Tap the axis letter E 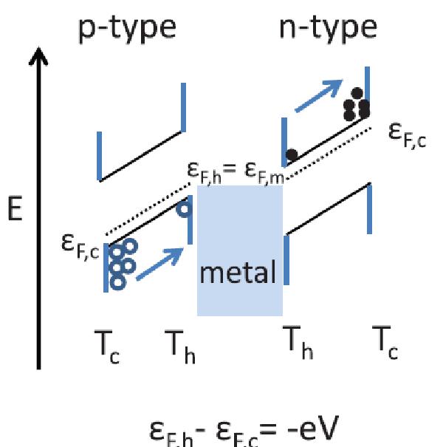click(16, 210)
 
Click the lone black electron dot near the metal click(292, 155)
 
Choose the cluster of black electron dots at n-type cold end click(356, 106)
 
